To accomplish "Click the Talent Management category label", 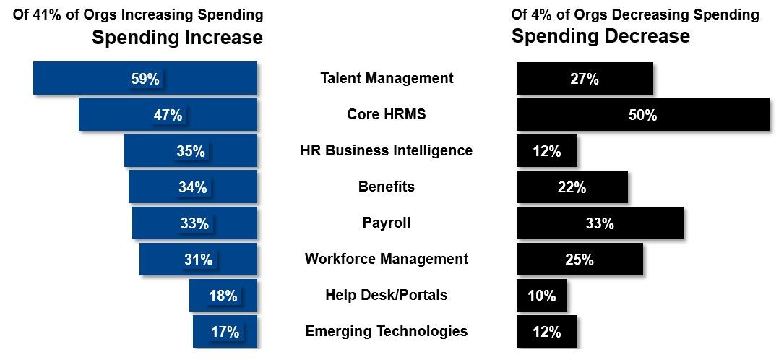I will (x=387, y=78).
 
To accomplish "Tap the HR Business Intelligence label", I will (x=387, y=150).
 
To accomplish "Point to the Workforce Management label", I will (x=387, y=259).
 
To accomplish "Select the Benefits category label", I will (x=387, y=187).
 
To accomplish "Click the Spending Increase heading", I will (x=177, y=38).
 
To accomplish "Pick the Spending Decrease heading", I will (x=600, y=36).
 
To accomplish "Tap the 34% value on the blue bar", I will (x=193, y=187).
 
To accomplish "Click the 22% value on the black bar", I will (x=572, y=187).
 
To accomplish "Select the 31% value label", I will (x=198, y=260).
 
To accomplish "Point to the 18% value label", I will (x=223, y=296).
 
